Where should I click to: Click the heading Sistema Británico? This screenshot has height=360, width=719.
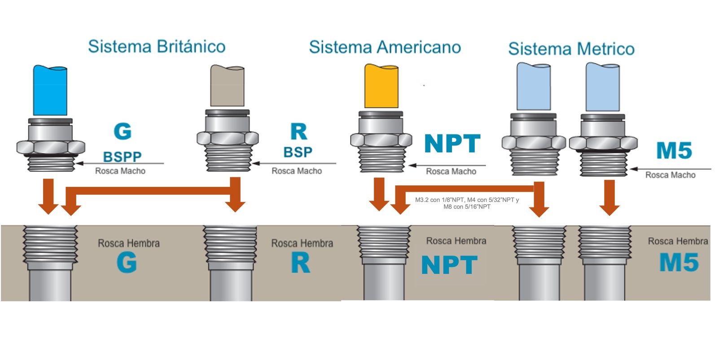click(x=157, y=47)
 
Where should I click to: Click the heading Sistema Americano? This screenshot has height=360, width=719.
click(x=385, y=47)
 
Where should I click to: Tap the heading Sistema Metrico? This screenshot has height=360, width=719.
click(x=571, y=48)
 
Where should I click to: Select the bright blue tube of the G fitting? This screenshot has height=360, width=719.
click(x=50, y=90)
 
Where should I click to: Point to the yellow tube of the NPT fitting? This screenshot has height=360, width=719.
click(x=381, y=86)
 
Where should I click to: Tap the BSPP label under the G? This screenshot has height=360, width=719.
click(x=122, y=157)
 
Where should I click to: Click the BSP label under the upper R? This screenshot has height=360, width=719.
click(x=298, y=152)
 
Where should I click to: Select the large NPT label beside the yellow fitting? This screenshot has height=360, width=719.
click(x=452, y=144)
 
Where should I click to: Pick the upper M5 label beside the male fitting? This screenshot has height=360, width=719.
click(x=674, y=150)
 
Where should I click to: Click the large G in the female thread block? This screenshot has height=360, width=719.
click(x=127, y=263)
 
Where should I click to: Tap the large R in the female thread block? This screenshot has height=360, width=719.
click(x=300, y=263)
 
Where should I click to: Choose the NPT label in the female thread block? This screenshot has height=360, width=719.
click(x=449, y=265)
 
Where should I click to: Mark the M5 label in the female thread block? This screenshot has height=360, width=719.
click(x=679, y=263)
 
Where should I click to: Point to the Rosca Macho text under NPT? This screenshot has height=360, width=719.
click(x=451, y=171)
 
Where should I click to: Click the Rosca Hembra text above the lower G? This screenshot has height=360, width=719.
click(x=129, y=243)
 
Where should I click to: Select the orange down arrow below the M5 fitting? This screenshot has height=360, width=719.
click(x=609, y=197)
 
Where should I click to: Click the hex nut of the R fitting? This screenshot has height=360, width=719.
click(x=228, y=138)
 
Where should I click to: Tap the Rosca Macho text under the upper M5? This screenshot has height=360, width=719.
click(x=670, y=175)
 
